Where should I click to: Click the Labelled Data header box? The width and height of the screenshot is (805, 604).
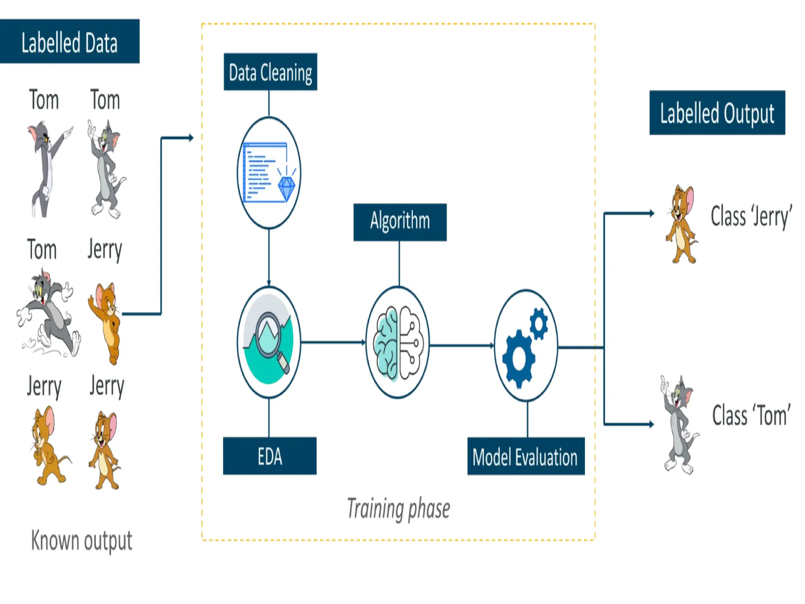[x=70, y=41]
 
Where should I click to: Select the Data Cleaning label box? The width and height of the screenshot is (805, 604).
[x=270, y=72]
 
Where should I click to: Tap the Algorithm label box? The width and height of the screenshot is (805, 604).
[x=400, y=222]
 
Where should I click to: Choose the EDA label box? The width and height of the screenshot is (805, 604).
[x=270, y=456]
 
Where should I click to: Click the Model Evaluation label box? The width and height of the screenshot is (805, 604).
[x=526, y=457]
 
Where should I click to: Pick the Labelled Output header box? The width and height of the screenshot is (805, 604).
[x=717, y=113]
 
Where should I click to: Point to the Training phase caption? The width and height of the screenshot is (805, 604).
[x=399, y=509]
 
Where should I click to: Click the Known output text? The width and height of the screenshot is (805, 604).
[x=81, y=541]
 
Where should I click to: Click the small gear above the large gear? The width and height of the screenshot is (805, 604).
[x=539, y=323]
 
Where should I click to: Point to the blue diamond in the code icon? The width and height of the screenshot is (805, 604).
[x=287, y=188]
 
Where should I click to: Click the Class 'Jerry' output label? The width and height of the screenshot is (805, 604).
[x=751, y=216]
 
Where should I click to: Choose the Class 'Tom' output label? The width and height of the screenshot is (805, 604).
[x=751, y=415]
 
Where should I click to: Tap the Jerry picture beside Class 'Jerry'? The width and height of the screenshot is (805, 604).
[x=682, y=224]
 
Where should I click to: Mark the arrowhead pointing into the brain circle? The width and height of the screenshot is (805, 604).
[x=364, y=343]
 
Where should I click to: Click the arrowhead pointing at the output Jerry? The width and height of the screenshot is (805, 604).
[x=652, y=214]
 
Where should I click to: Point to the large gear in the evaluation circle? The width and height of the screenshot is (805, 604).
[x=518, y=359]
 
